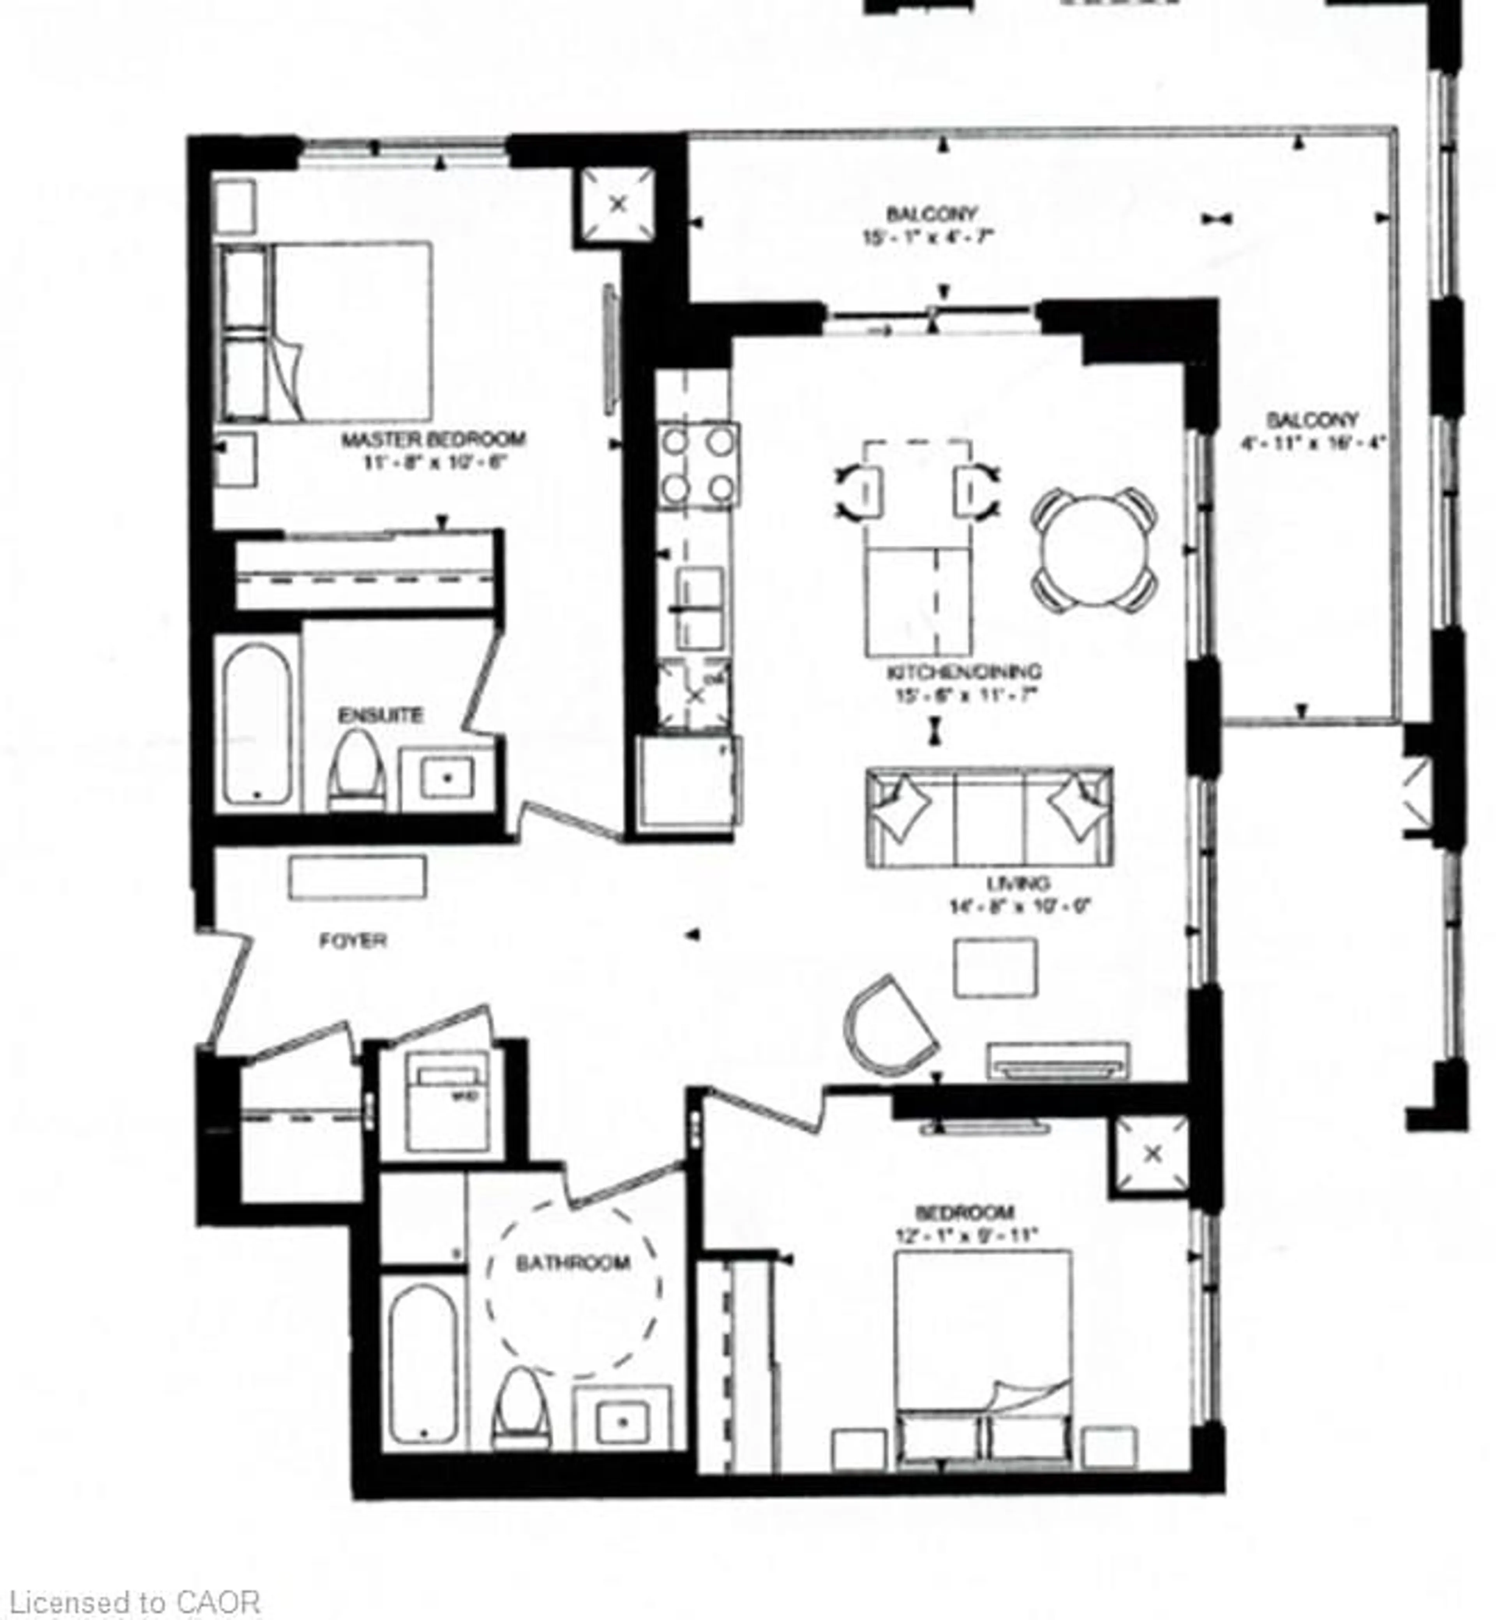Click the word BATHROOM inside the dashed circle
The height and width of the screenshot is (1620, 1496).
pyautogui.click(x=573, y=1263)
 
